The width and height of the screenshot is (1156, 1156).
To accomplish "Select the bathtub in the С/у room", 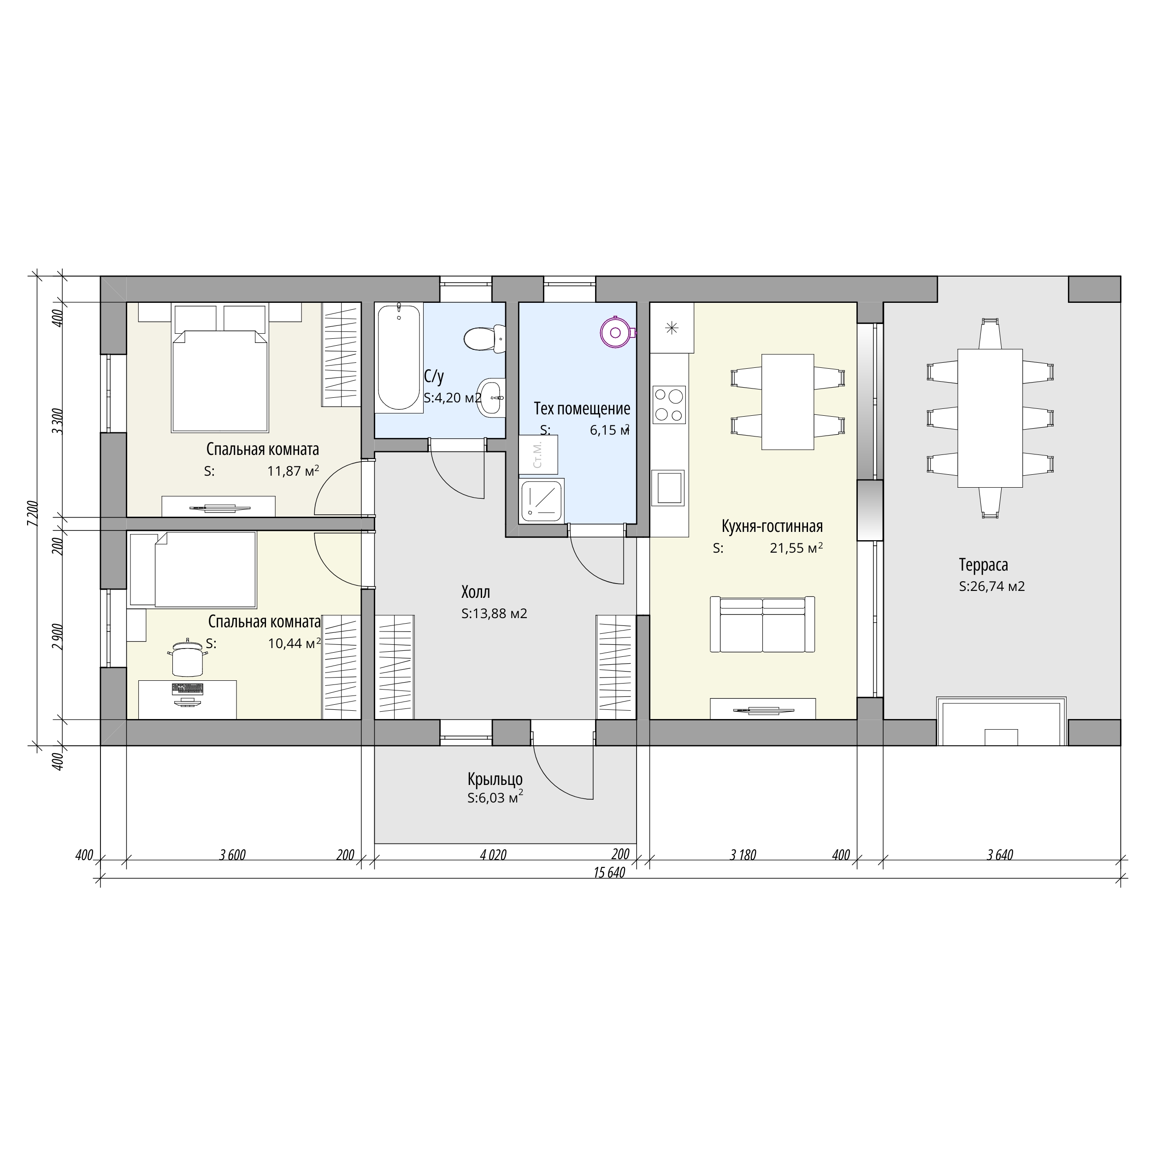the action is click(x=399, y=358).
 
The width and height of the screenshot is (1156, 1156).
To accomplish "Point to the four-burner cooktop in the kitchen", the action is click(x=669, y=405).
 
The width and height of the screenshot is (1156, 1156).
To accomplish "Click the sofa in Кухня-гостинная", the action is click(x=762, y=624).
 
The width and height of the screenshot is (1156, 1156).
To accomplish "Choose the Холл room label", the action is click(x=476, y=592).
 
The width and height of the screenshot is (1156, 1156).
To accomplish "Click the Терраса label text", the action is click(x=983, y=564).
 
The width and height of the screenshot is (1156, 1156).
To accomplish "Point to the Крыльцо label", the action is click(x=495, y=779).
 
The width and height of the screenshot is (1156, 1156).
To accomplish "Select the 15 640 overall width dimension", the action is click(x=609, y=873).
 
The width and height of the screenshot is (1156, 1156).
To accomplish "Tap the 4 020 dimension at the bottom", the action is click(x=493, y=855).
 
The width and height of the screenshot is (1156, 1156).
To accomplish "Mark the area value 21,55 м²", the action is click(x=796, y=548).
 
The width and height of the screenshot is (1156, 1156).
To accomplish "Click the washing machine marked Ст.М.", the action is click(x=538, y=455).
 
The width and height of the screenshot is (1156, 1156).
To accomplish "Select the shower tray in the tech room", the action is click(x=542, y=500).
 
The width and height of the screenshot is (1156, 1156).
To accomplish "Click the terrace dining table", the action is click(x=990, y=418).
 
